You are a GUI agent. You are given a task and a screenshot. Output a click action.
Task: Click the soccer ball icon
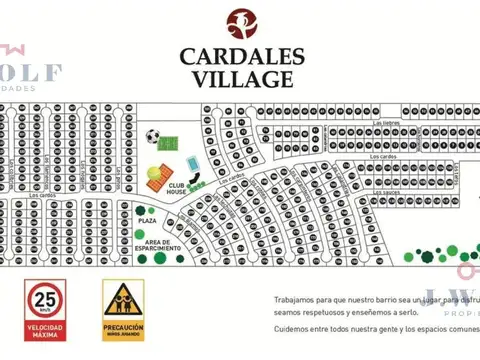click(153, 136)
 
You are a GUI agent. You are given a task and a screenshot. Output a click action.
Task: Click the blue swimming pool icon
click(191, 163)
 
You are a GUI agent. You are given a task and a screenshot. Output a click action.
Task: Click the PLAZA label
click(147, 219)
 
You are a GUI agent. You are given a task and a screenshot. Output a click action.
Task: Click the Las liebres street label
click(385, 123)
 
